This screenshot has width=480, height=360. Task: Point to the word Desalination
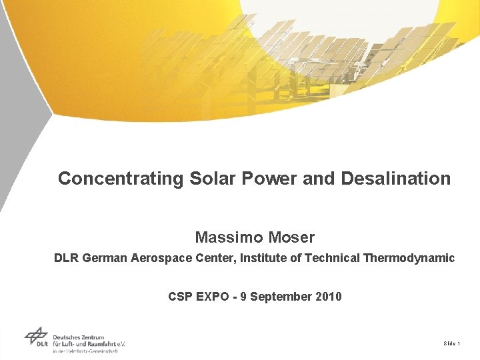pyautogui.click(x=395, y=179)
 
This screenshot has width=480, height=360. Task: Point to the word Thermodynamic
pyautogui.click(x=409, y=258)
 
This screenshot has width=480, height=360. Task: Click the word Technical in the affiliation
pyautogui.click(x=332, y=258)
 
